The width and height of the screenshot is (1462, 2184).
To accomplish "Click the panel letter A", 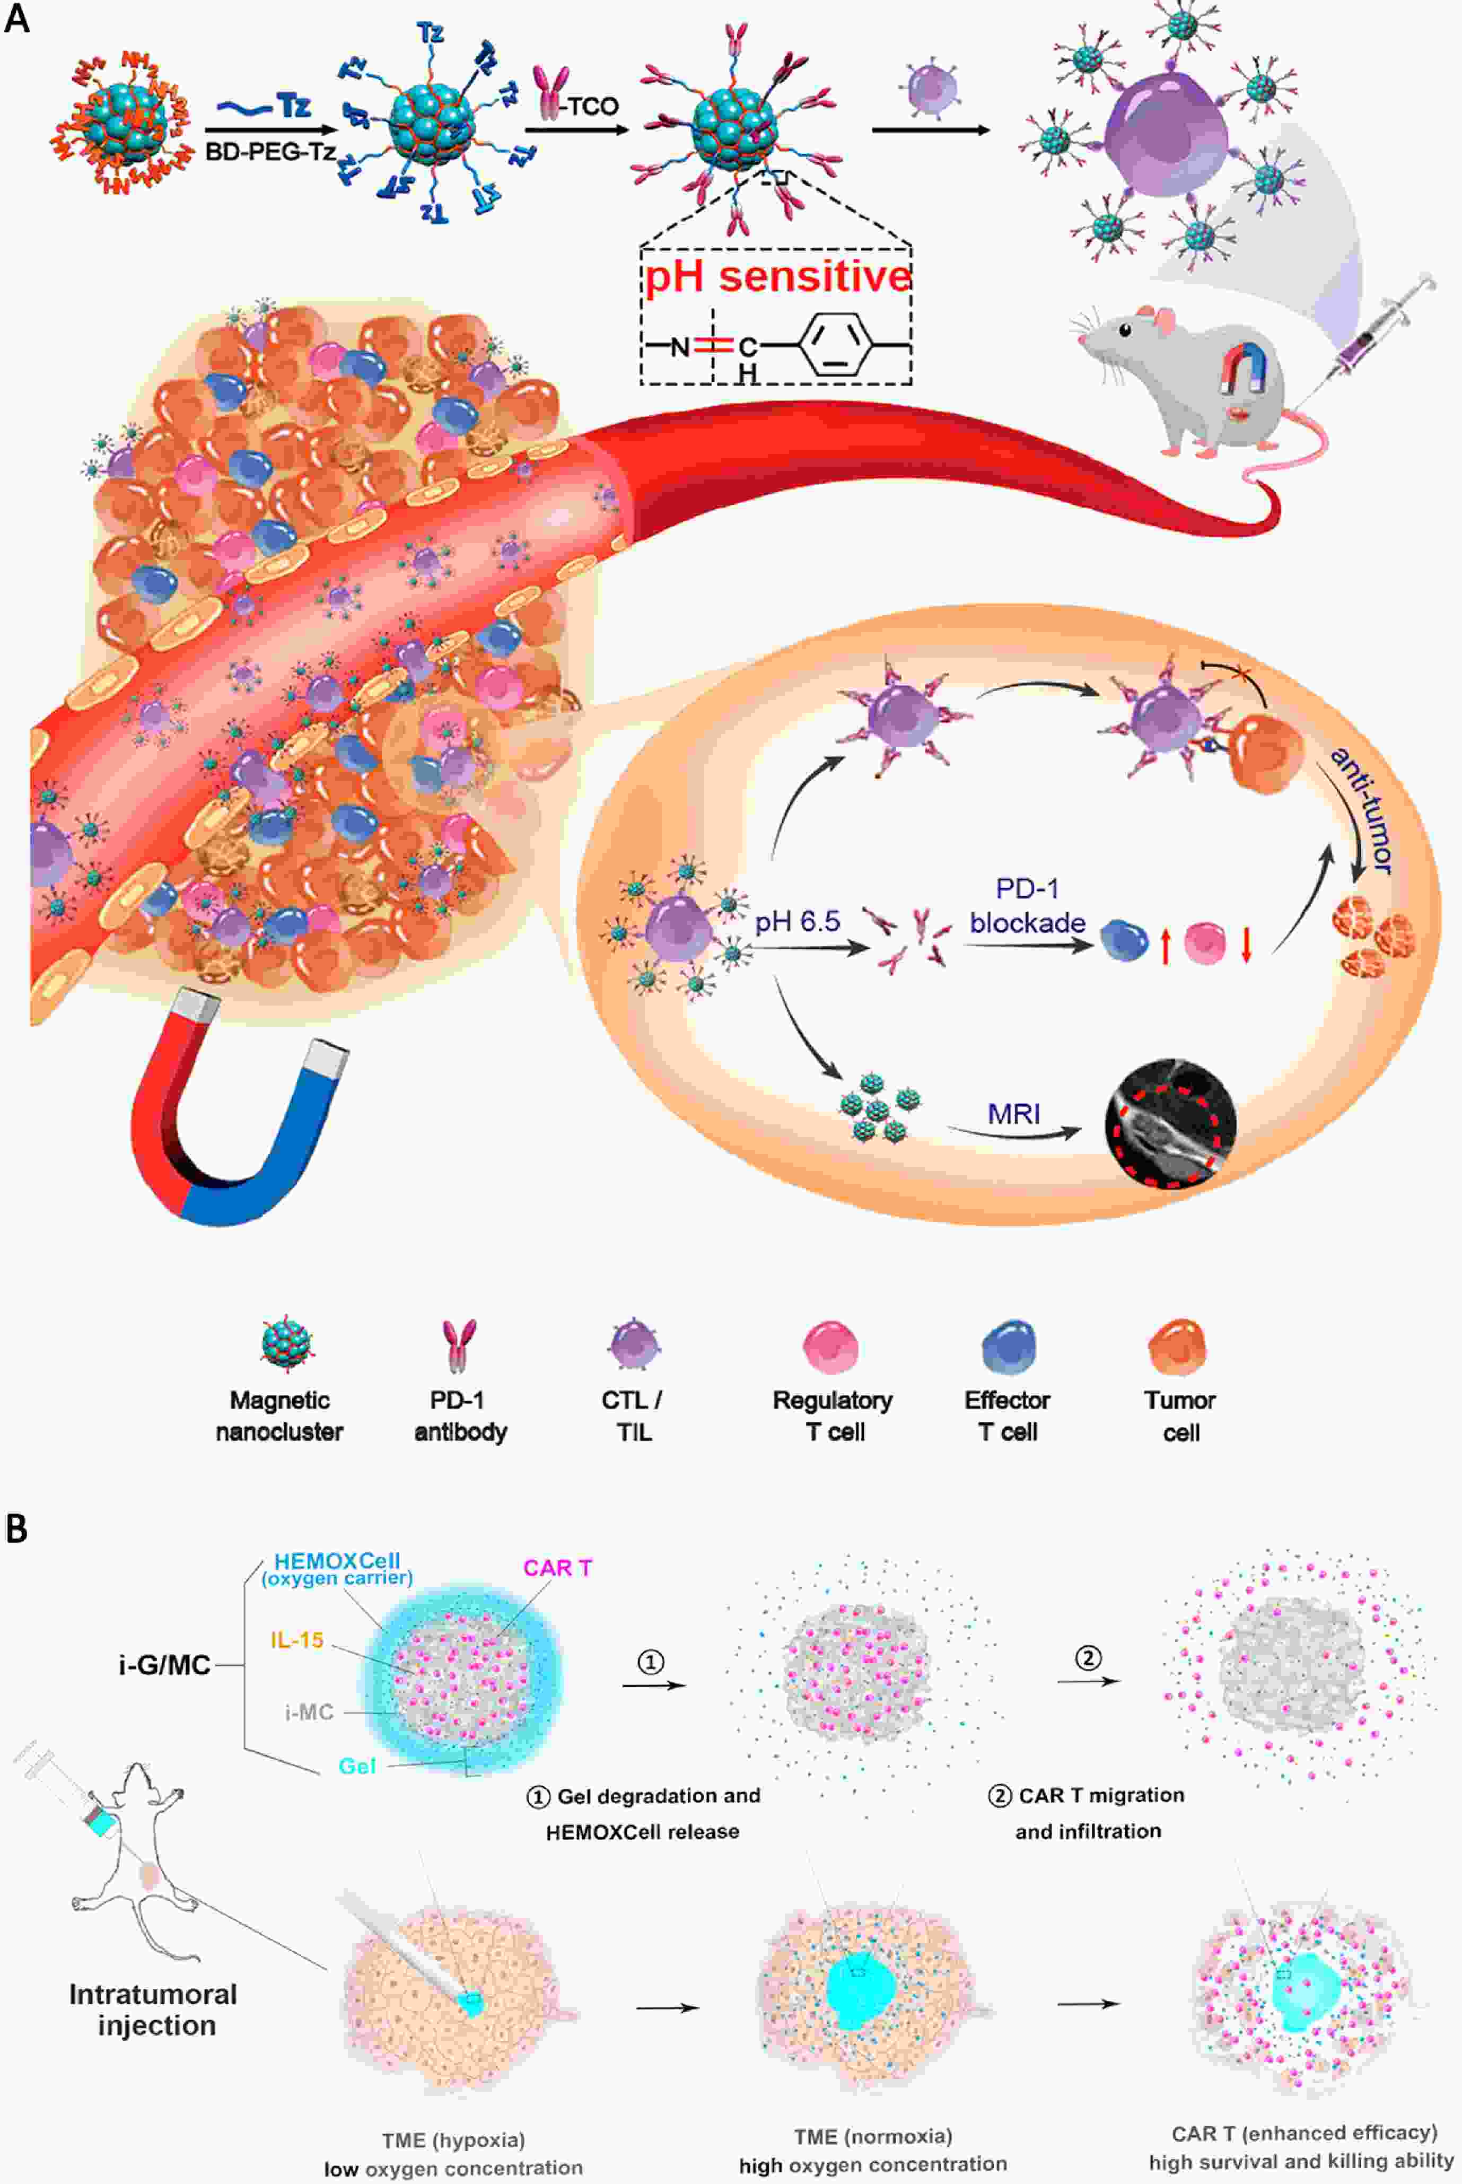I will (x=17, y=19).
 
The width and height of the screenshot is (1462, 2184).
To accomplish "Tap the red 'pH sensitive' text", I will (x=777, y=277).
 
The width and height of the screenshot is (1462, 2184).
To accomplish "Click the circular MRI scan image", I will (x=1170, y=1122).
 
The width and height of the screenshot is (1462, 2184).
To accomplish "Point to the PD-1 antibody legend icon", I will (x=459, y=1346).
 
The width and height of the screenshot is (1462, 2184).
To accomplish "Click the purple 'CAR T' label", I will (x=557, y=1568).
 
